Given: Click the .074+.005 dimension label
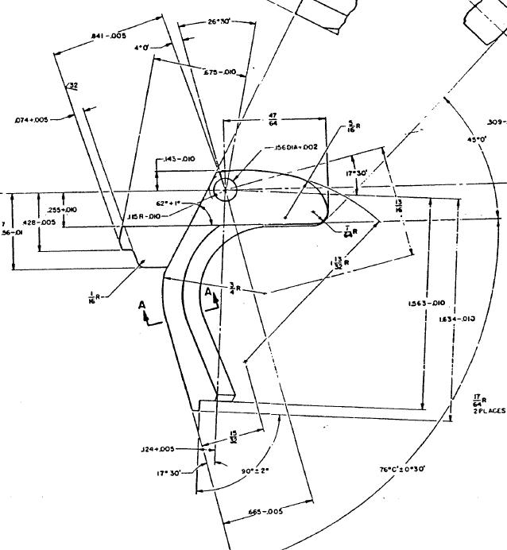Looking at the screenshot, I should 32,120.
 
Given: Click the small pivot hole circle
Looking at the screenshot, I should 224,190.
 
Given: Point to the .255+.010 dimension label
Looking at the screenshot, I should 60,209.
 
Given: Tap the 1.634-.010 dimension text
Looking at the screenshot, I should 458,319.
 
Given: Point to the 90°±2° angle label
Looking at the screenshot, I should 255,470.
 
